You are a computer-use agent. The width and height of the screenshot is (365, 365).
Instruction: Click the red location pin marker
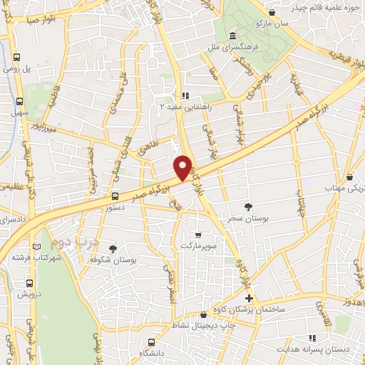[x=183, y=167]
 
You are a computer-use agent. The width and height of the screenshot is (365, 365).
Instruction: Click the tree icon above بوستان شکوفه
[x=113, y=247]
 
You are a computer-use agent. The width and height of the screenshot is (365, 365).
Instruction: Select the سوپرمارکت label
[x=197, y=245]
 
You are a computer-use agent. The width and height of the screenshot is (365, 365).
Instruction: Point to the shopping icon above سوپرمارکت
[x=197, y=234]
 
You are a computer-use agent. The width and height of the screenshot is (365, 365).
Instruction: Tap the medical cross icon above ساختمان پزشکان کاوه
[x=248, y=298]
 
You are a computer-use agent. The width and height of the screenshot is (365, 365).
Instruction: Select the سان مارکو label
[x=273, y=24]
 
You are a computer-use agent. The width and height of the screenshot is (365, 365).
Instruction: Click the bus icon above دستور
[x=114, y=195]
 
